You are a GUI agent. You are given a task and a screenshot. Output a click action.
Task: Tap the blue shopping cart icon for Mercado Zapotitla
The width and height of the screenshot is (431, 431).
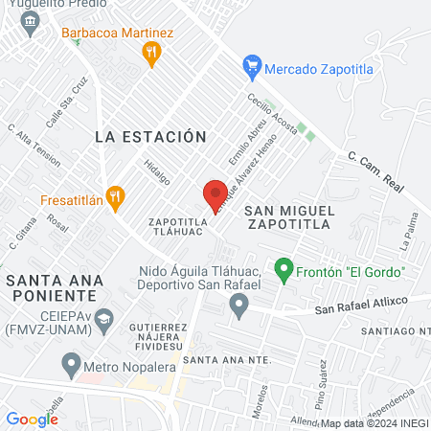(x=253, y=67)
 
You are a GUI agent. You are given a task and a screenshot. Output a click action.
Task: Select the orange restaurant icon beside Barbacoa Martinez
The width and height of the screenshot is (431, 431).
(x=149, y=56)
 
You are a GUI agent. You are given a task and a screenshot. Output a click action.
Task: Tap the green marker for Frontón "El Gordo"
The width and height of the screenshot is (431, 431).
(x=283, y=271)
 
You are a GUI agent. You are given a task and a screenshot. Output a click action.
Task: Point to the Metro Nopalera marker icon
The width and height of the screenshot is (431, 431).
(x=70, y=364)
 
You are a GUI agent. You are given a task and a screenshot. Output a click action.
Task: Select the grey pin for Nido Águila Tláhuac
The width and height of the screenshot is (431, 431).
(x=238, y=306)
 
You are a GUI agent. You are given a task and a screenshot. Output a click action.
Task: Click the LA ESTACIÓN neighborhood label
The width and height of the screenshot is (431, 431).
(x=150, y=137)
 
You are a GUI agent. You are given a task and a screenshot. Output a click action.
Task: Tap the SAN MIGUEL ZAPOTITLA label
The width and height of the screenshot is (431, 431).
(x=287, y=216)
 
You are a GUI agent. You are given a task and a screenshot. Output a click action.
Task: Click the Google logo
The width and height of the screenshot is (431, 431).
(x=32, y=419)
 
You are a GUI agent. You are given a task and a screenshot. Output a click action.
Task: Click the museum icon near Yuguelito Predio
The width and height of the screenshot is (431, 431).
(x=33, y=21)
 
